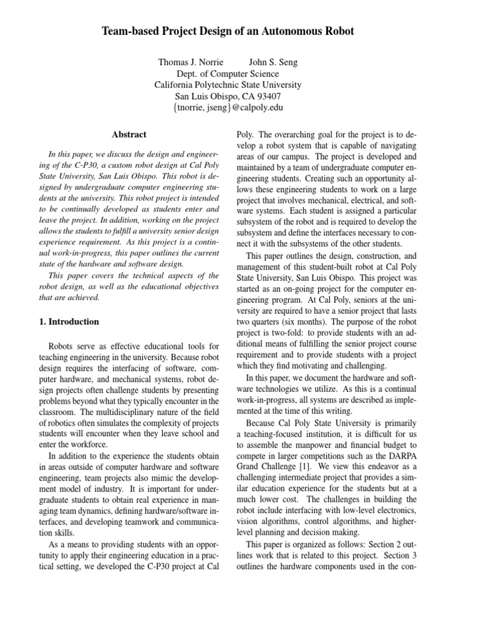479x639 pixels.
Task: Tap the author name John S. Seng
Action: point(273,62)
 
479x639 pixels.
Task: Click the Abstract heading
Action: point(129,134)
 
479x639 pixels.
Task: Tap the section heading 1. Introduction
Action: point(74,322)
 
